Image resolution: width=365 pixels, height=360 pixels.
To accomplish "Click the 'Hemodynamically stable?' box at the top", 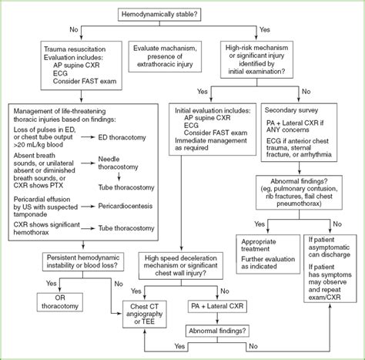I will [182, 13].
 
